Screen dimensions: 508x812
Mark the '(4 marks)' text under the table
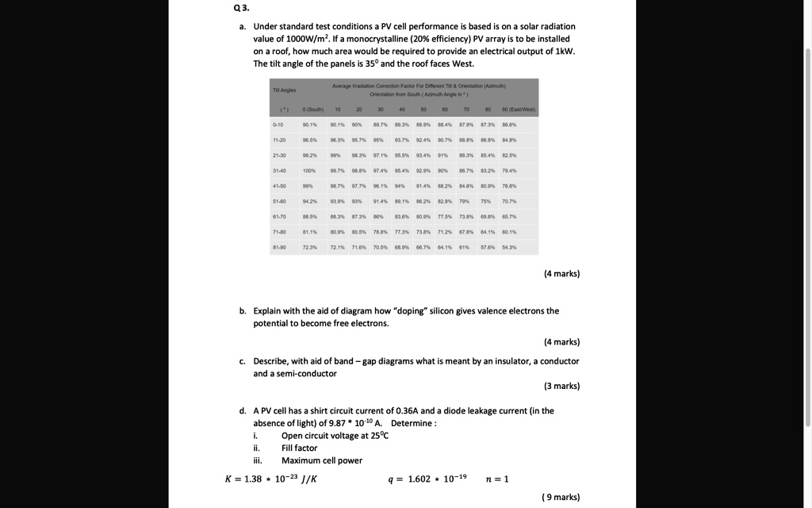pyautogui.click(x=561, y=274)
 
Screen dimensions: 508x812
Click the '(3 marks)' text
pyautogui.click(x=561, y=386)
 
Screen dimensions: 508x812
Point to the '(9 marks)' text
pyautogui.click(x=561, y=497)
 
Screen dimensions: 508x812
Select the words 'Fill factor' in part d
pyautogui.click(x=299, y=448)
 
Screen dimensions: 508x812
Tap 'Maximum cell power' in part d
pyautogui.click(x=321, y=460)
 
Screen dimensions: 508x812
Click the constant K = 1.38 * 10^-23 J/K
pyautogui.click(x=271, y=479)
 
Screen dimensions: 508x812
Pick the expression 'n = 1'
pyautogui.click(x=496, y=479)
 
